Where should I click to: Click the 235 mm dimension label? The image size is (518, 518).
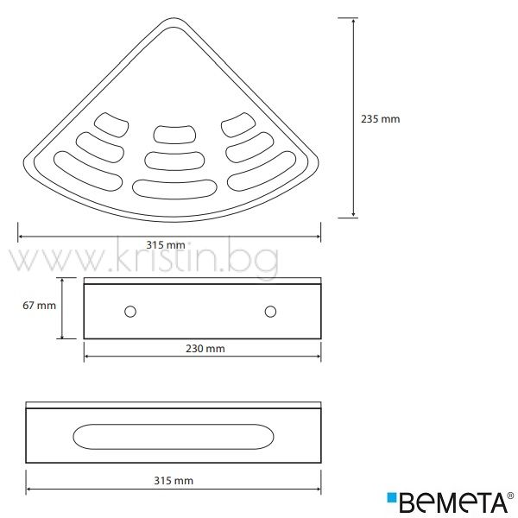(380, 119)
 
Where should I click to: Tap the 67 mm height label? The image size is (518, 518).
(40, 306)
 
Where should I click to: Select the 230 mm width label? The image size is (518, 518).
(205, 349)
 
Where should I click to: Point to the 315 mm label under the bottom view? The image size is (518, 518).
(174, 480)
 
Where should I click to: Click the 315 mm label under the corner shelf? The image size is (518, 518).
(166, 245)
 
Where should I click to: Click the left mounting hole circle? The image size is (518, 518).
(130, 312)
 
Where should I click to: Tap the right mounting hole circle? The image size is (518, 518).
(270, 312)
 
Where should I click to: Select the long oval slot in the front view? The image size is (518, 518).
(174, 437)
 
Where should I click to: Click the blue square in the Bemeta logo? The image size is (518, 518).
(392, 497)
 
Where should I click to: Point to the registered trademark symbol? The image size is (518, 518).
(510, 496)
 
